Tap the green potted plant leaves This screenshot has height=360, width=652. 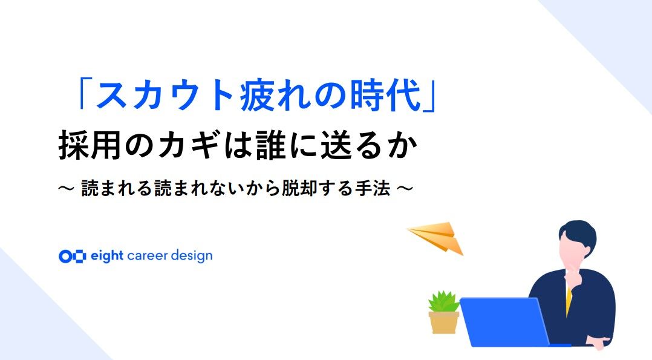(444, 302)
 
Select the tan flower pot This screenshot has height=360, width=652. (444, 322)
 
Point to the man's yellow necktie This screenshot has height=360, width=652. (569, 299)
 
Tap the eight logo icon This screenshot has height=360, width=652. (73, 257)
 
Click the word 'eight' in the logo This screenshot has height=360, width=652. (107, 256)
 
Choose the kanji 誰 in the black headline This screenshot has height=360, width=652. (271, 145)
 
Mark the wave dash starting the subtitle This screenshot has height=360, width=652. (67, 189)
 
